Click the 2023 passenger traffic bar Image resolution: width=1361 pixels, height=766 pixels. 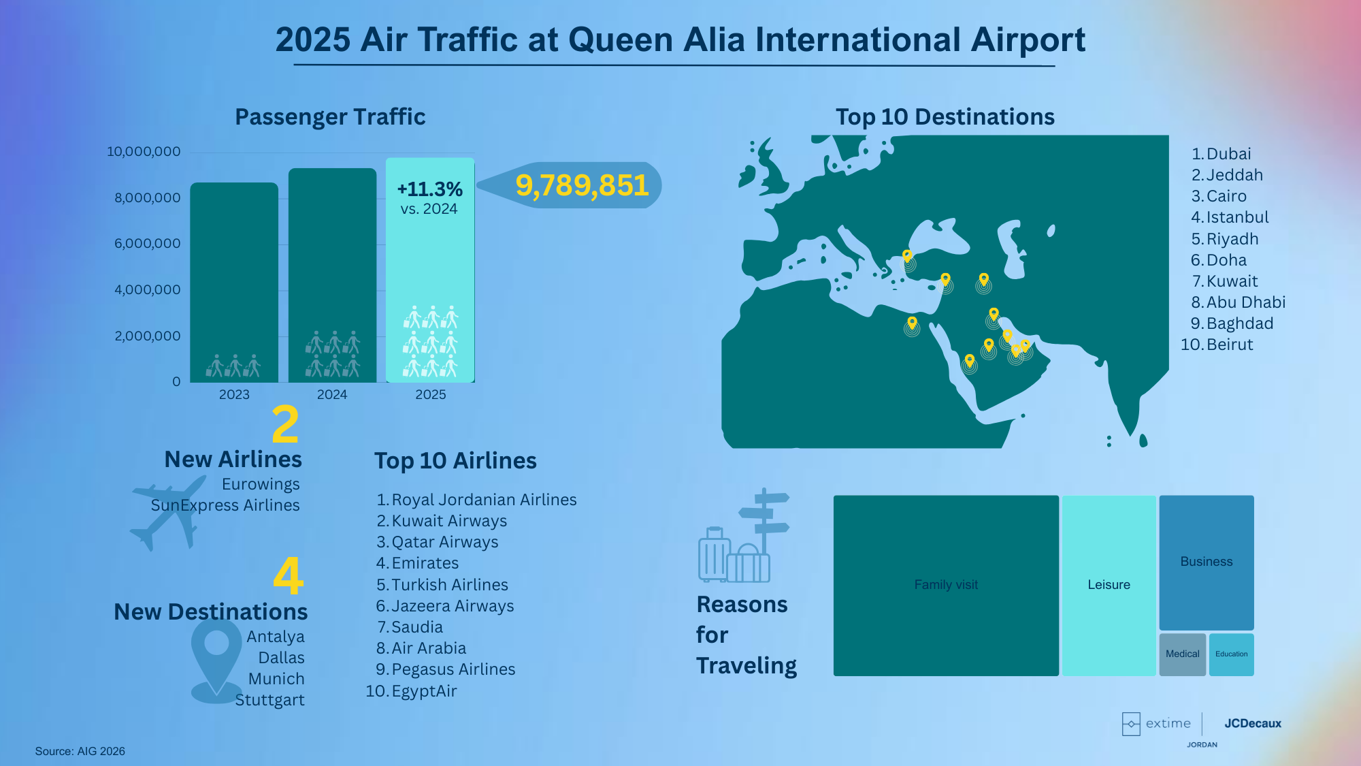point(234,282)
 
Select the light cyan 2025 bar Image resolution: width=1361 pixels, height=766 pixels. point(430,270)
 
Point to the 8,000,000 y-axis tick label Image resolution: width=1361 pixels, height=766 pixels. point(148,197)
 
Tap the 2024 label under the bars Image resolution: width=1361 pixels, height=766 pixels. point(332,394)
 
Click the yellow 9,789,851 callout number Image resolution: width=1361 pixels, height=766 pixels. point(582,185)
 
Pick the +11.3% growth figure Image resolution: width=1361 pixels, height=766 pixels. point(429,189)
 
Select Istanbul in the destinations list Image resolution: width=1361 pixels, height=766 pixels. point(1237,217)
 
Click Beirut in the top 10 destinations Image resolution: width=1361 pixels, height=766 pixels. point(1230,345)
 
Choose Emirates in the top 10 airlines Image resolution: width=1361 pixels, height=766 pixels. point(425,563)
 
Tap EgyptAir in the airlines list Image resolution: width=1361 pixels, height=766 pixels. point(424,691)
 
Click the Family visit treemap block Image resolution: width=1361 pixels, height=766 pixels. point(946,586)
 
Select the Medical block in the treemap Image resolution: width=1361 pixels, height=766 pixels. point(1183,654)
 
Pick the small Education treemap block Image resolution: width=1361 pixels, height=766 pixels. point(1232,654)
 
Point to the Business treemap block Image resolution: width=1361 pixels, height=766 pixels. point(1207,562)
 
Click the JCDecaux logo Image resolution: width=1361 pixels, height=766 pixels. point(1253,723)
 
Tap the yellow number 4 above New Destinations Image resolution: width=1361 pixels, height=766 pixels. point(288,576)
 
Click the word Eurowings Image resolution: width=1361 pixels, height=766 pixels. point(261,484)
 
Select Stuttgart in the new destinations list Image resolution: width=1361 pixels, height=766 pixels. point(269,700)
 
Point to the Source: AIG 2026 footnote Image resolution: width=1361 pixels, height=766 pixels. point(80,751)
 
